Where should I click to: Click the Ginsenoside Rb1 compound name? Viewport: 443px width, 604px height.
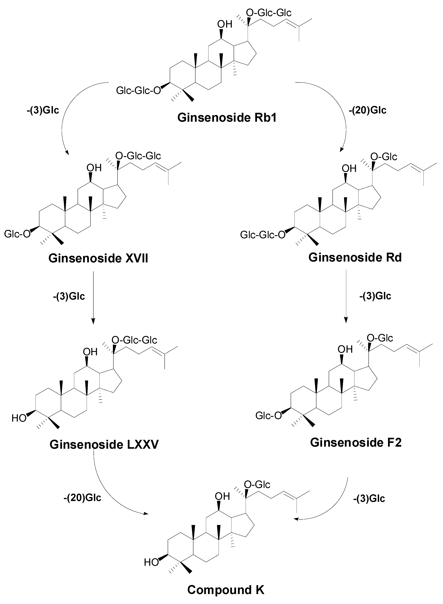(227, 118)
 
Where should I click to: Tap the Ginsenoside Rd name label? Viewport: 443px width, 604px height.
(355, 257)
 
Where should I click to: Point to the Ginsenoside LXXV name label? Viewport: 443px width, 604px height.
(104, 444)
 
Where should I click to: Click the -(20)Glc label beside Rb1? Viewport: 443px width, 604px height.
(368, 110)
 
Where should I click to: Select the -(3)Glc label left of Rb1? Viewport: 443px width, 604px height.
(43, 110)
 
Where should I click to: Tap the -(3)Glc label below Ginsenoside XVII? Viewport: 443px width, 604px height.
(69, 296)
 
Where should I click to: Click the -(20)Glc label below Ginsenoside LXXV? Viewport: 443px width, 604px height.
(82, 498)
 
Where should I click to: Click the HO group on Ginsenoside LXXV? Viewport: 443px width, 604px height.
(19, 418)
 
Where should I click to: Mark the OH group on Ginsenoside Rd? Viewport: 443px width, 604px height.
(349, 168)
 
